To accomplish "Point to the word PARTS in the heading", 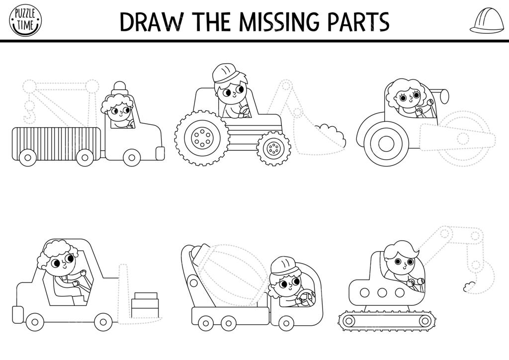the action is coord(358,22).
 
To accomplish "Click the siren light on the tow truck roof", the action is coord(120,88).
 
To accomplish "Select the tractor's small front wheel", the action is coord(273,148).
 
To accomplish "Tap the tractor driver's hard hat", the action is coord(225,74).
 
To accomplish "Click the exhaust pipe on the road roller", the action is coord(440,95).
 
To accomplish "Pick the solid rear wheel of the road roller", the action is coord(386,143).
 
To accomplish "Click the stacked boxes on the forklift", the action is coord(145,305).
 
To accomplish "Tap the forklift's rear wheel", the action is coord(35,322).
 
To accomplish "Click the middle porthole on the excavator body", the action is coord(382,292).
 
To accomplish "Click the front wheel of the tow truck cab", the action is coord(131,158).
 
